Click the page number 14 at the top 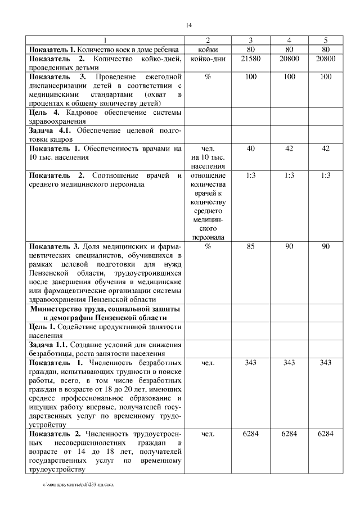click(189, 25)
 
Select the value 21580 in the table click(251, 58)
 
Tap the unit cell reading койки click(208, 49)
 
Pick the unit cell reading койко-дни click(208, 58)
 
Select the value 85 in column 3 click(251, 246)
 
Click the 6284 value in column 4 click(289, 434)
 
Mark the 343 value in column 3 click(251, 363)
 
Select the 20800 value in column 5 click(325, 58)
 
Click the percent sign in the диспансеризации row click(208, 76)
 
